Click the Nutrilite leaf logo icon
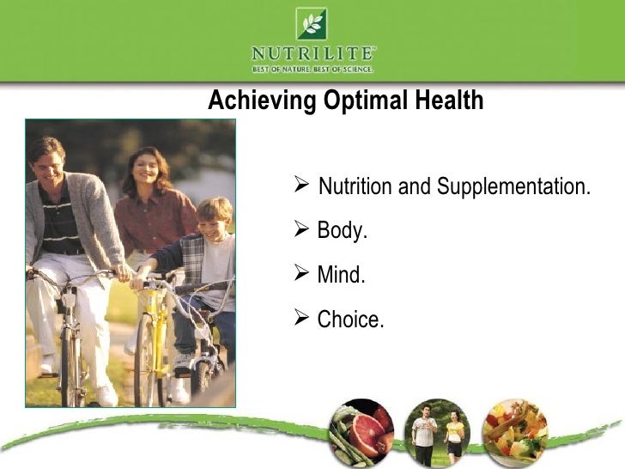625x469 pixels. pos(312,23)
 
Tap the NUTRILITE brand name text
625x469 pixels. pos(312,52)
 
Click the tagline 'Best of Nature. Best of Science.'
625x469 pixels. pos(312,68)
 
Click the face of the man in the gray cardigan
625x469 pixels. pos(49,162)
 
